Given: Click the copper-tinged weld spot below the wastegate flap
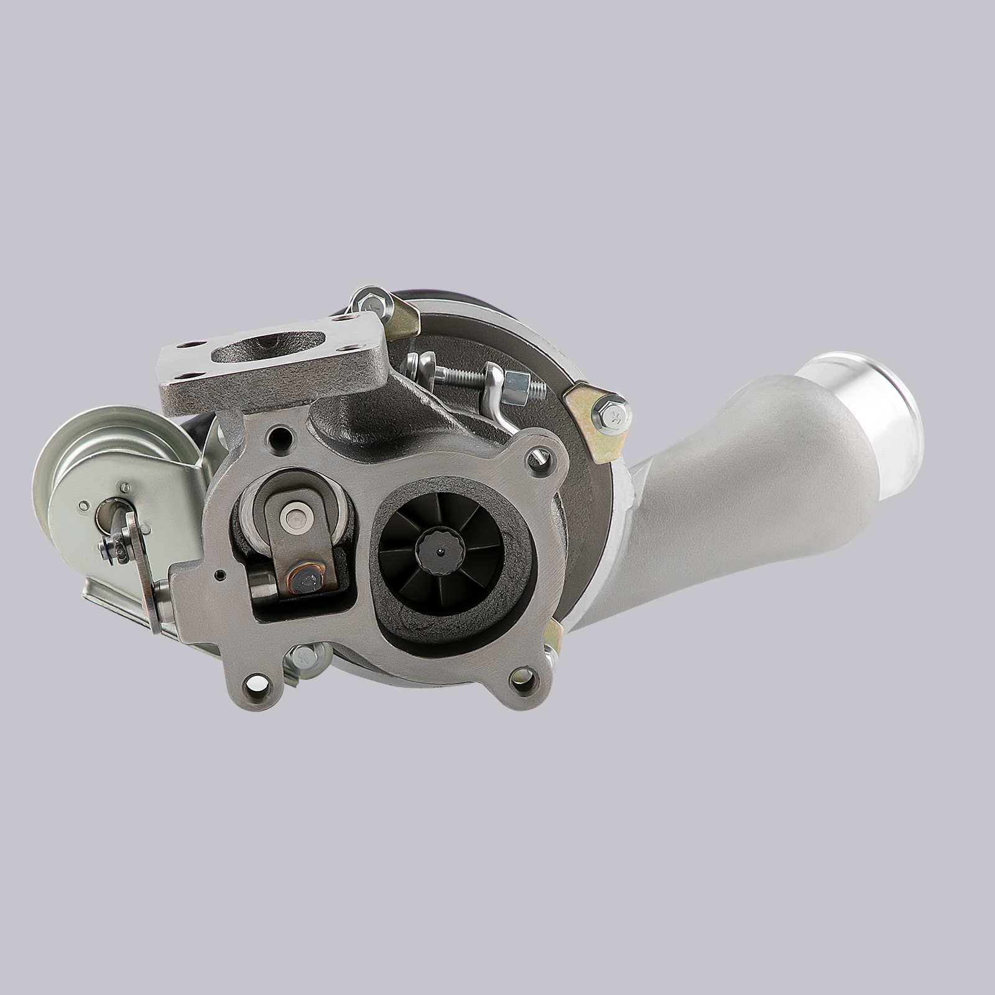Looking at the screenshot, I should [x=307, y=580].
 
